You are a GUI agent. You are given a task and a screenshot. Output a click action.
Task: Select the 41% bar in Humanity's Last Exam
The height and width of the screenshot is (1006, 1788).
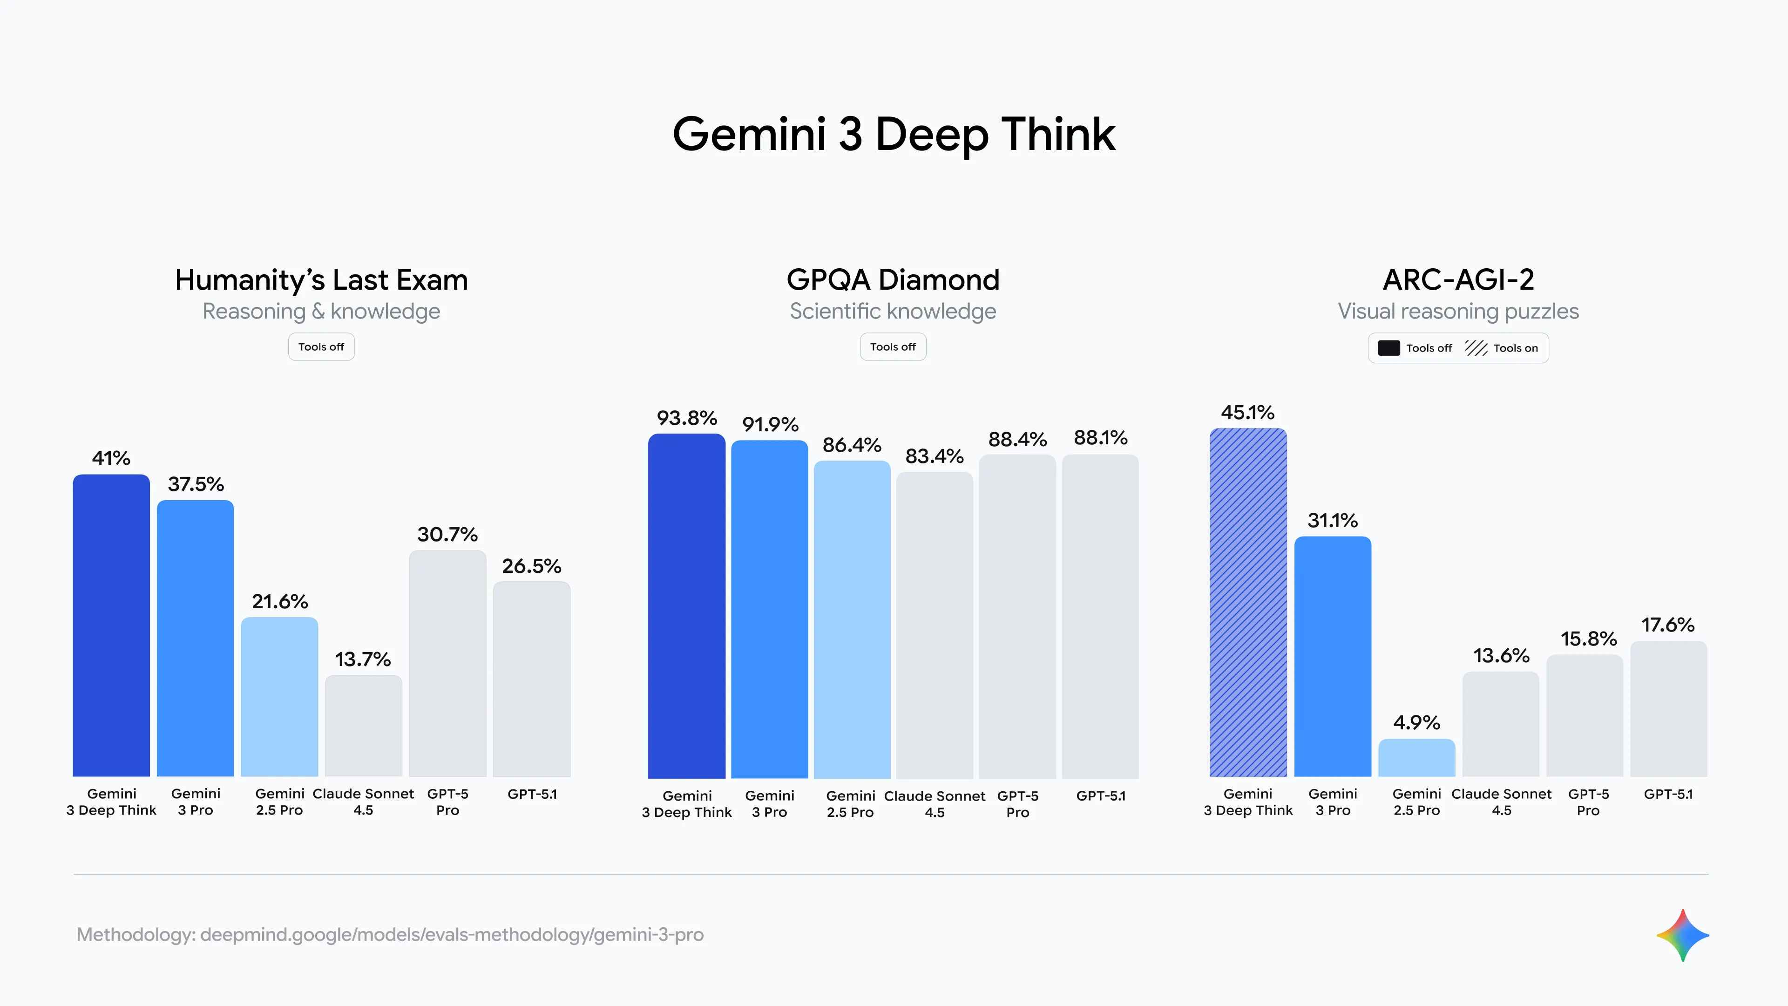111,625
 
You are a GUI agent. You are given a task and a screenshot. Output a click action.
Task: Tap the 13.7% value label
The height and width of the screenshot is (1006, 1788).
363,659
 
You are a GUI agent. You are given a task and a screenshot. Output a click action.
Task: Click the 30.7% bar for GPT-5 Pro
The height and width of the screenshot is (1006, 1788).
447,663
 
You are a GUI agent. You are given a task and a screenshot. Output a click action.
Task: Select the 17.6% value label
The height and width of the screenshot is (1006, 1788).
1667,625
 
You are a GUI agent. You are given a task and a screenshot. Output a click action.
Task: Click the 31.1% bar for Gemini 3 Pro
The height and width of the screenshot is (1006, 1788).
1332,656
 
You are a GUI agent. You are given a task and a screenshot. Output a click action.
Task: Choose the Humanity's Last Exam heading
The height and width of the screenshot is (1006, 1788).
321,280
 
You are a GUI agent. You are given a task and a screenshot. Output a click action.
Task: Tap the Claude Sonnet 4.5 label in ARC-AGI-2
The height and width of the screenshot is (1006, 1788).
1501,802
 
